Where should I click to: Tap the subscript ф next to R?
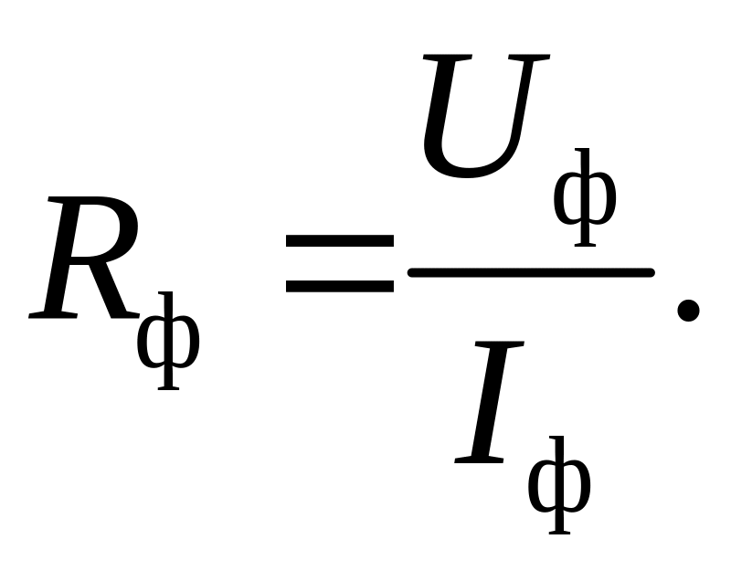pyautogui.click(x=167, y=342)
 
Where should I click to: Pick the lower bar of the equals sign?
pyautogui.click(x=339, y=286)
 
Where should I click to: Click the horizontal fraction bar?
pyautogui.click(x=530, y=271)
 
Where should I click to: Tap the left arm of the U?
pyautogui.click(x=439, y=110)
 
